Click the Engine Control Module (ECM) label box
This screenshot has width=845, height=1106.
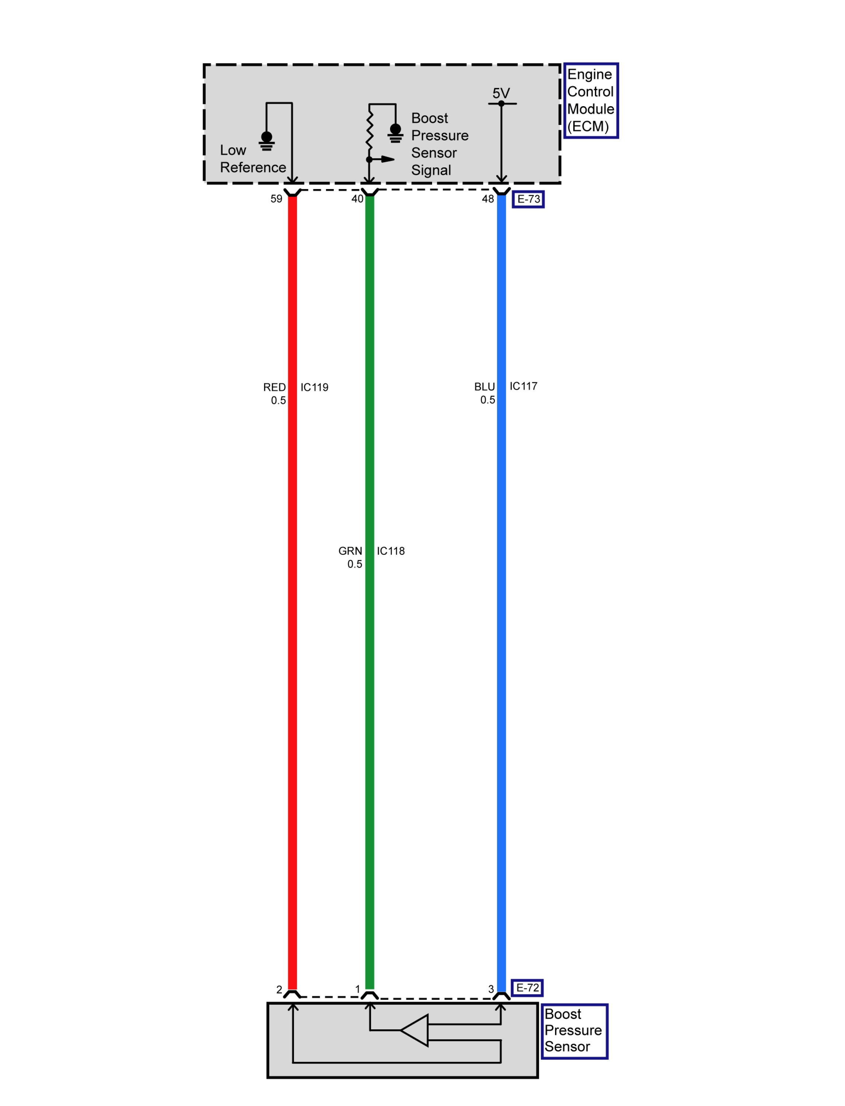click(590, 100)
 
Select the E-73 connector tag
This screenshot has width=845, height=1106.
click(528, 199)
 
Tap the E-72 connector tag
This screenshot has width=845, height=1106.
click(527, 988)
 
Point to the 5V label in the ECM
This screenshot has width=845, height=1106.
click(501, 93)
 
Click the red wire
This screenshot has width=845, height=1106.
click(292, 554)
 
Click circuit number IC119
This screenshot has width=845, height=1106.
click(314, 387)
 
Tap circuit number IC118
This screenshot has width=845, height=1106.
click(391, 551)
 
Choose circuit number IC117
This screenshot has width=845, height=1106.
click(523, 386)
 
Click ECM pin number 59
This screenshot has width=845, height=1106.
click(276, 199)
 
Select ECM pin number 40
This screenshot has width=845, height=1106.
click(357, 199)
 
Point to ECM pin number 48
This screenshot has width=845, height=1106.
click(488, 199)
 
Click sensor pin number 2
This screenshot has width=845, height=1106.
click(279, 990)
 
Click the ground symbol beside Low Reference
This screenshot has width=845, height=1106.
click(267, 141)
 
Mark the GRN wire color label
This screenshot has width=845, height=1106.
click(350, 551)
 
